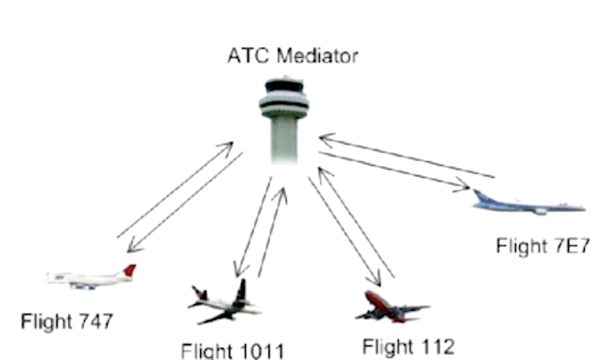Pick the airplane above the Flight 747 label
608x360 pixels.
coord(91,277)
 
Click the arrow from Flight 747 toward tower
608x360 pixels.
coord(175,189)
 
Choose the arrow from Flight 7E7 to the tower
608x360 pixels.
coord(406,157)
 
